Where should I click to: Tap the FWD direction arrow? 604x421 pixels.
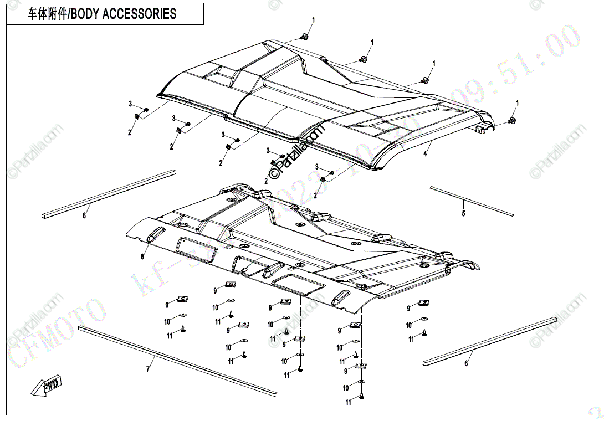pos(48,384)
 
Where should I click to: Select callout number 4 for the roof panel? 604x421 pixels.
pos(426,154)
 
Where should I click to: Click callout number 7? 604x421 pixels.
pos(148,369)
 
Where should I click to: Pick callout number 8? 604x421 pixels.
pos(142,256)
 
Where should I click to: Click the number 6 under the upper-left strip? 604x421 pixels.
pos(84,215)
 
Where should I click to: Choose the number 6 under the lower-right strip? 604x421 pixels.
pos(466,363)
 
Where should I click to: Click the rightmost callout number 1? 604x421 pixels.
pos(518,103)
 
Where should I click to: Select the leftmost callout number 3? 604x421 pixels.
pos(131,104)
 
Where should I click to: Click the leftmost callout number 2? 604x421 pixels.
pos(129,132)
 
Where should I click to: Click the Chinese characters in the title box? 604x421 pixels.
pos(47,14)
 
